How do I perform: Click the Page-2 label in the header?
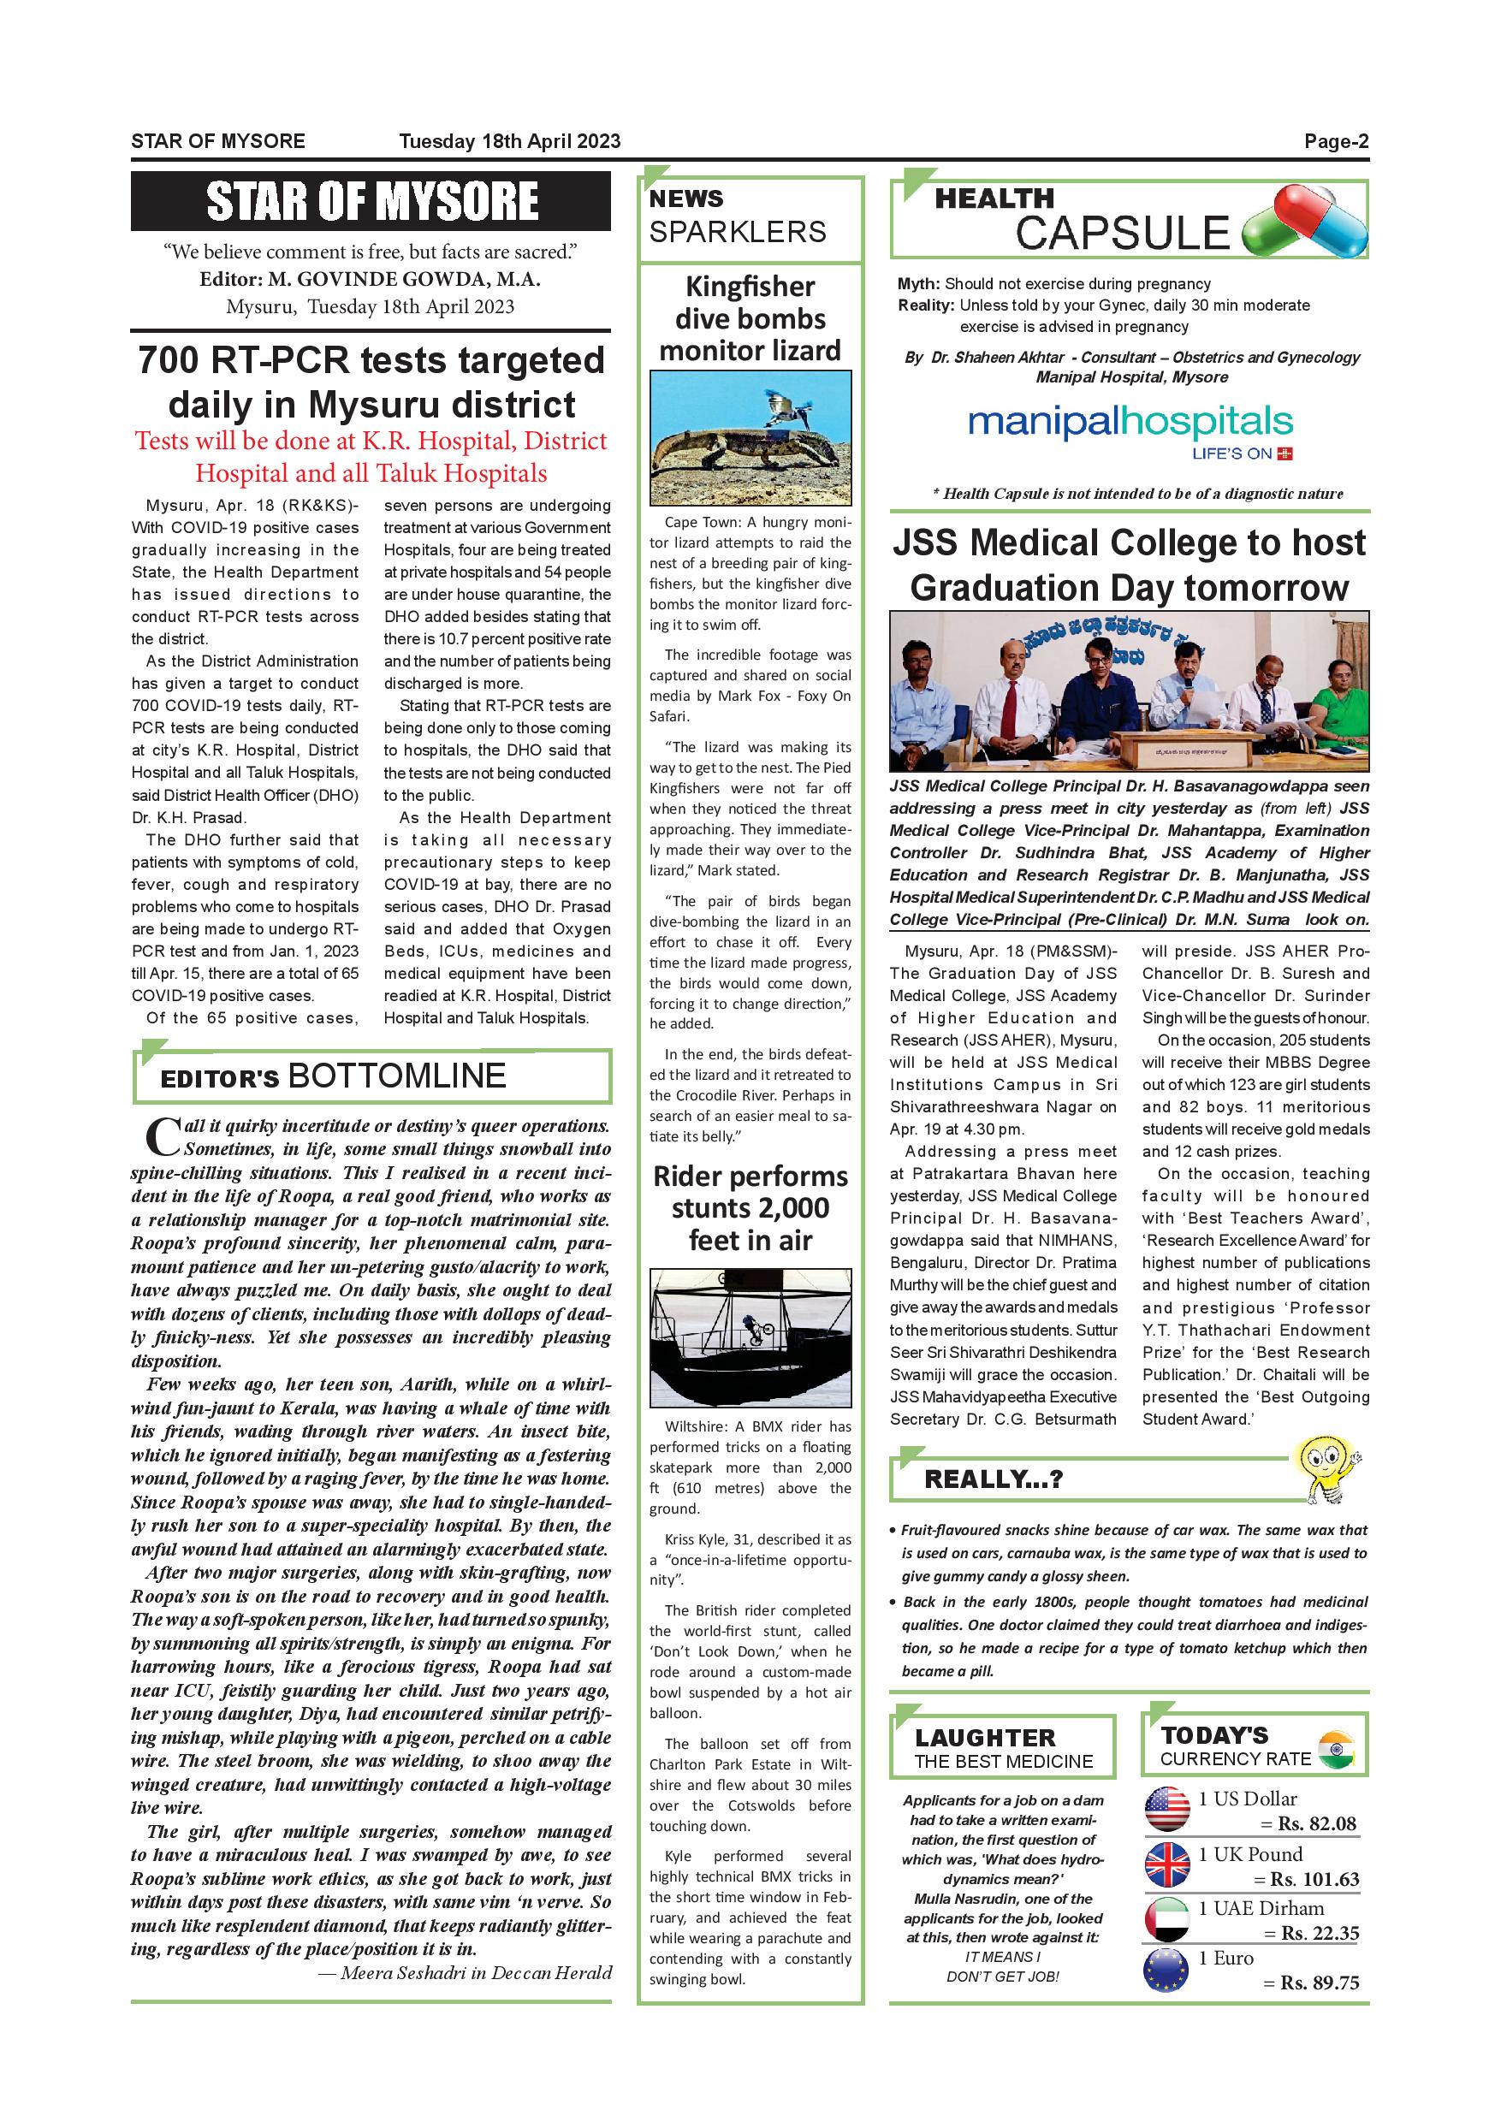pos(1336,141)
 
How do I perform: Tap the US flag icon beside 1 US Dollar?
pos(1166,1810)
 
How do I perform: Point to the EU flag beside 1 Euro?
pos(1166,1970)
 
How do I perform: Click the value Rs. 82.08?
pos(1316,1823)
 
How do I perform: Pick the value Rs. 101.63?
pos(1314,1879)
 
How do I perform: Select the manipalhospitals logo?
pos(1130,425)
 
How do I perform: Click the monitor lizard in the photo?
pos(729,453)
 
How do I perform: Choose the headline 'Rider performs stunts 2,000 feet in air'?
pos(750,1207)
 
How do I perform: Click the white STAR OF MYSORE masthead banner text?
pos(371,201)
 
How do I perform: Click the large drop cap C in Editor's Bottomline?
pos(163,1135)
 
